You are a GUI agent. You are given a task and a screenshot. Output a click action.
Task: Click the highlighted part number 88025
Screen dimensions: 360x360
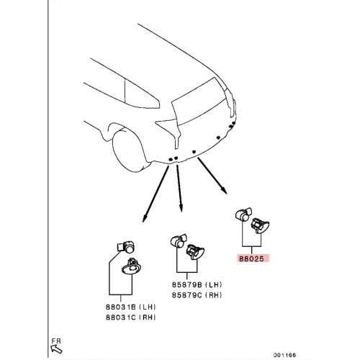(x=251, y=258)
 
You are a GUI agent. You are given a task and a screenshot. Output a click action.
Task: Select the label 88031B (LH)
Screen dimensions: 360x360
(x=130, y=307)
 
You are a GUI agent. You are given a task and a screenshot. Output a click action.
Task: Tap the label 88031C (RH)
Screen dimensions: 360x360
(x=130, y=318)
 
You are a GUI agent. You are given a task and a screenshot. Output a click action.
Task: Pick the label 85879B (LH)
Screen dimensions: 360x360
(x=197, y=284)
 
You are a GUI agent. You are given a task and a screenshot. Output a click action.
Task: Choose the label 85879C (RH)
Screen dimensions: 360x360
(x=197, y=295)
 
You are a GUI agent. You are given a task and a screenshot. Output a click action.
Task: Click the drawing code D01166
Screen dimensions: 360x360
(x=284, y=355)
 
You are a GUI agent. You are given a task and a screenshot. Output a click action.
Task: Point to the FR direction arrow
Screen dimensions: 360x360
(x=56, y=348)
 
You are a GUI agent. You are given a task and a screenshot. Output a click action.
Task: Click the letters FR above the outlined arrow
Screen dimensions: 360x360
(x=56, y=341)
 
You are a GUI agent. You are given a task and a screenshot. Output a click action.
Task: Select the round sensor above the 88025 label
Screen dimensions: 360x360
(x=243, y=215)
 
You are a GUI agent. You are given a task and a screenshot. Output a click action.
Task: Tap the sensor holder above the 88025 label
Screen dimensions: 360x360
(x=260, y=225)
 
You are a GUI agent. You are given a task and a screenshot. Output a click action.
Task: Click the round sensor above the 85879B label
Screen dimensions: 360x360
(x=179, y=240)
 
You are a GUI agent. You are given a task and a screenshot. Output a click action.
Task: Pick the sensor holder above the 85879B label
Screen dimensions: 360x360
(x=195, y=252)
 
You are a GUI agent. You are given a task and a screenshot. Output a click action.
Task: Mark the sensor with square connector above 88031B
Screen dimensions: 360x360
(x=126, y=246)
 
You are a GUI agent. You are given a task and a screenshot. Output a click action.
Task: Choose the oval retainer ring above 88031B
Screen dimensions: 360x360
(x=132, y=269)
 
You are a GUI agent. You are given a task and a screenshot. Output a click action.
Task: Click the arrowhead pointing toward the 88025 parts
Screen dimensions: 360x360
(x=224, y=190)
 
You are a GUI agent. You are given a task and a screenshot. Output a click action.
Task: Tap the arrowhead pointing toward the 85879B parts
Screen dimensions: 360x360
(x=181, y=208)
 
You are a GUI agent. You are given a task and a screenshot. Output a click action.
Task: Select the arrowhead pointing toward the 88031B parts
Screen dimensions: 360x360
(x=144, y=219)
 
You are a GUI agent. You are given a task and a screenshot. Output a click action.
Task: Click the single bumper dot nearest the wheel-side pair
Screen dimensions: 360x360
(x=194, y=152)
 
